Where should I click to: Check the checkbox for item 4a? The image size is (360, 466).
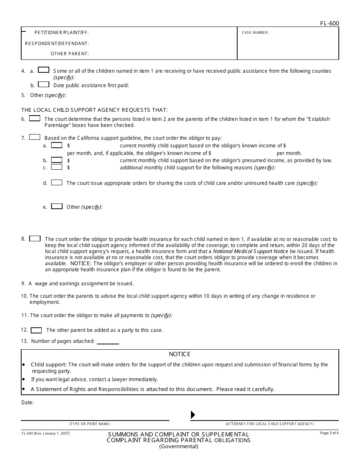44,70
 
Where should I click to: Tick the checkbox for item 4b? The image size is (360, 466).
44,84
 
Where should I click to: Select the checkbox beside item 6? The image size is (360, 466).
34,119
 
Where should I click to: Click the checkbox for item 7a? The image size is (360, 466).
57,145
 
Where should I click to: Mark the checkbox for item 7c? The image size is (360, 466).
57,167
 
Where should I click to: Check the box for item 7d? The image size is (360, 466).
57,183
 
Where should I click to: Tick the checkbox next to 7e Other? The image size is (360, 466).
57,206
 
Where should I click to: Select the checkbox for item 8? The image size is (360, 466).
35,239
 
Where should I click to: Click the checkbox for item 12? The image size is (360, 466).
36,330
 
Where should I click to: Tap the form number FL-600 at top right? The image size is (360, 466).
329,23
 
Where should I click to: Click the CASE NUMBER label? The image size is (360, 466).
255,33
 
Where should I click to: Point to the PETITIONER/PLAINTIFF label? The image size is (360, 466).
61,33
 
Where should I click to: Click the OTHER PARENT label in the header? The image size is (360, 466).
70,54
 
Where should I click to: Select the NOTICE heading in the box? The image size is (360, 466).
180,354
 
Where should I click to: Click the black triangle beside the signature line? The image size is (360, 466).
193,415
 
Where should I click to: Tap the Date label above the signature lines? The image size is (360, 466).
27,402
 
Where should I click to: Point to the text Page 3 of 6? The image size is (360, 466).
329,433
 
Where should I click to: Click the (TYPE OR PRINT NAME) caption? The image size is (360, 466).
89,424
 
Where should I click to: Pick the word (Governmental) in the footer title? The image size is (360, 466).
178,446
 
